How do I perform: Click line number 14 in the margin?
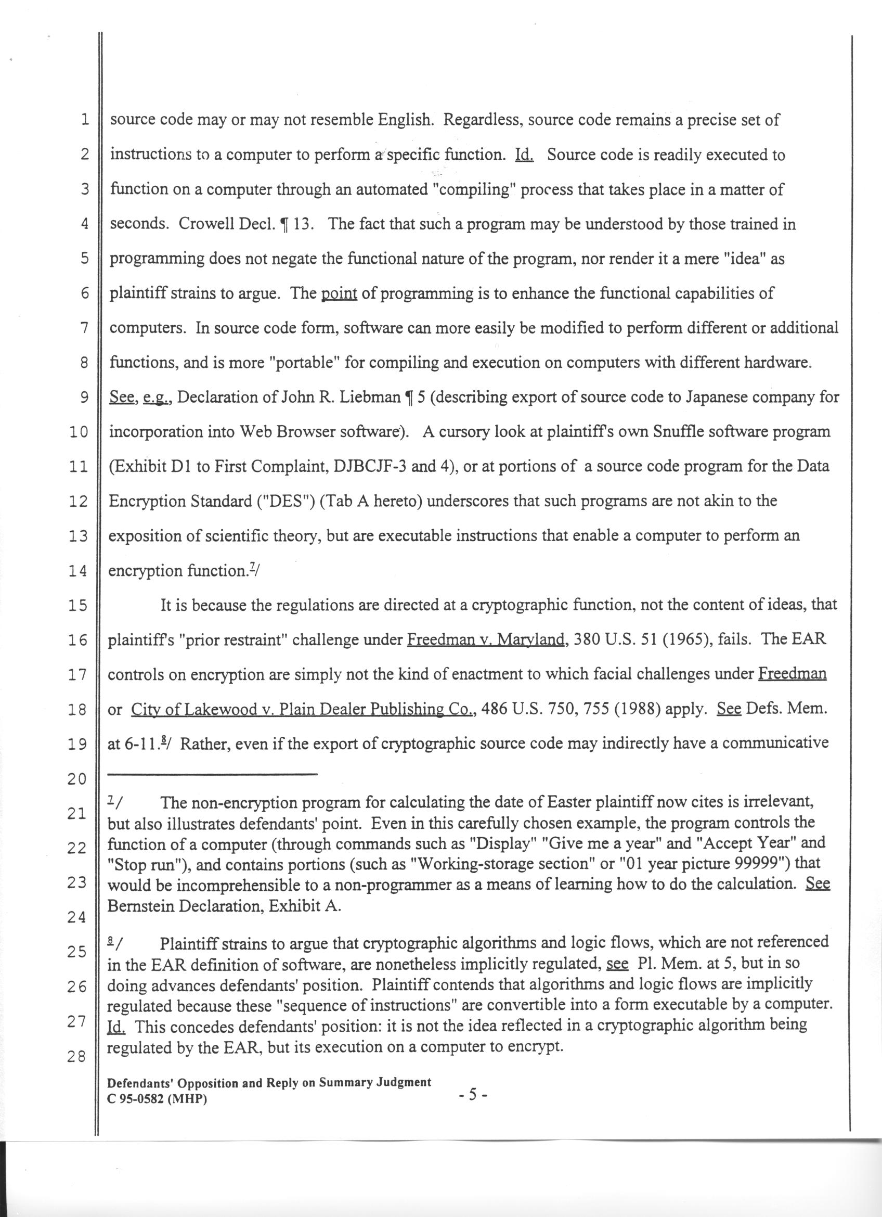pos(77,571)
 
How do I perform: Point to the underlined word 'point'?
pos(339,293)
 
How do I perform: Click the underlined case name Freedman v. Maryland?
pos(487,639)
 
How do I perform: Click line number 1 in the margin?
pos(84,119)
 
